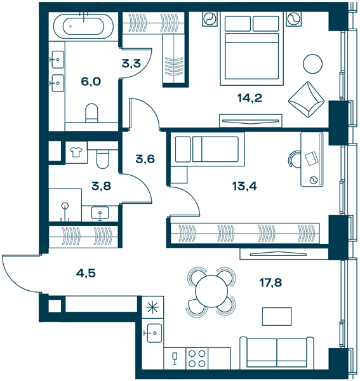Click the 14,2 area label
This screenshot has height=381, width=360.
click(x=250, y=98)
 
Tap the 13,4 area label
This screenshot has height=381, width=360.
click(x=244, y=186)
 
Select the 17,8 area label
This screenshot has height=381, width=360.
click(x=271, y=283)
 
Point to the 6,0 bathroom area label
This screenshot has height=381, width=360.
click(x=91, y=82)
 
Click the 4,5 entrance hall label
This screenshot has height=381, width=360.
click(x=86, y=273)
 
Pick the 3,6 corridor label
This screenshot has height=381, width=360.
click(x=145, y=159)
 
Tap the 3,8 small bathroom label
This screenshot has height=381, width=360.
click(x=101, y=186)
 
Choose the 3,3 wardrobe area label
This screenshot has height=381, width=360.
click(x=131, y=63)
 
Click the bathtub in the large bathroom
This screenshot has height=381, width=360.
click(x=83, y=26)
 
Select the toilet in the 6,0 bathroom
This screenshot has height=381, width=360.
click(x=91, y=113)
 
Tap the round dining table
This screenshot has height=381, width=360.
click(x=211, y=291)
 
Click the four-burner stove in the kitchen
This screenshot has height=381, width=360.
click(x=197, y=358)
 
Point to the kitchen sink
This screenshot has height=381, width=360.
click(x=152, y=333)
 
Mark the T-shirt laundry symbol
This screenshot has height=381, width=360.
click(x=76, y=152)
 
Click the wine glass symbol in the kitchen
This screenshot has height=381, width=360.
click(x=175, y=358)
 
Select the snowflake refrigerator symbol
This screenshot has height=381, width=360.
click(x=152, y=307)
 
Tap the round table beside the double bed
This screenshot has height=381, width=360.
click(x=312, y=63)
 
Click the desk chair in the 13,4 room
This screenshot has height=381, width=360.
click(x=294, y=159)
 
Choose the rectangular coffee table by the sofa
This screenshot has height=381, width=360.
click(x=277, y=316)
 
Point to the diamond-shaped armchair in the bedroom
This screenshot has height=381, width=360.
click(x=306, y=100)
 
